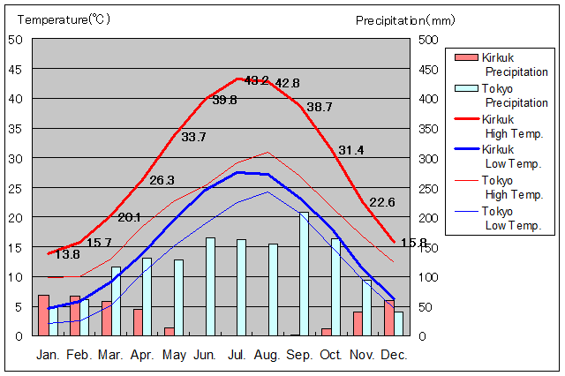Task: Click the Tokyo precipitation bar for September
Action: pyautogui.click(x=305, y=274)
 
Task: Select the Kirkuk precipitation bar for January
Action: pyautogui.click(x=43, y=315)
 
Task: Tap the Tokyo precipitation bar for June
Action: pyautogui.click(x=210, y=286)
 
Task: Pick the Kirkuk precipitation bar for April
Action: pyautogui.click(x=138, y=321)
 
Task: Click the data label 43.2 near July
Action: pyautogui.click(x=256, y=80)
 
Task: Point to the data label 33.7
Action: pyautogui.click(x=193, y=137)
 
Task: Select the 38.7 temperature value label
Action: pyautogui.click(x=320, y=107)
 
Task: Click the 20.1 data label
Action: pyautogui.click(x=129, y=217)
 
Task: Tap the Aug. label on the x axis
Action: pyautogui.click(x=269, y=355)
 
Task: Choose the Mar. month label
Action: pyautogui.click(x=110, y=355)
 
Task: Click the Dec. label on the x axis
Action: pyautogui.click(x=394, y=355)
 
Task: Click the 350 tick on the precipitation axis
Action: pyautogui.click(x=427, y=129)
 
